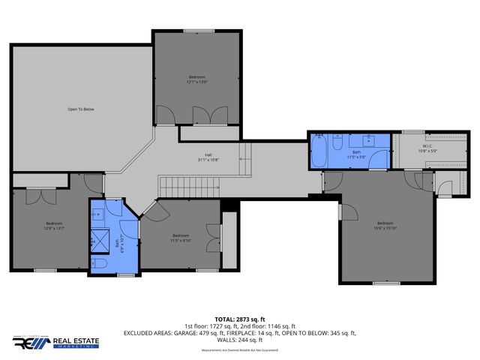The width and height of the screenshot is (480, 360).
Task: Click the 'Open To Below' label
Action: click(81, 109)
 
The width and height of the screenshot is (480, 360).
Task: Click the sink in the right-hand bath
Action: click(370, 140)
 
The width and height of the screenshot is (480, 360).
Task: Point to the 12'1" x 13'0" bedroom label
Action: click(196, 79)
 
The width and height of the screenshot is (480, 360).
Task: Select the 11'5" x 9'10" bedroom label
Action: click(181, 238)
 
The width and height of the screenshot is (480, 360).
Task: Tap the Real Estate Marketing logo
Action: click(55, 342)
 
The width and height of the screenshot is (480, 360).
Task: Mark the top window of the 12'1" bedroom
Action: click(198, 31)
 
